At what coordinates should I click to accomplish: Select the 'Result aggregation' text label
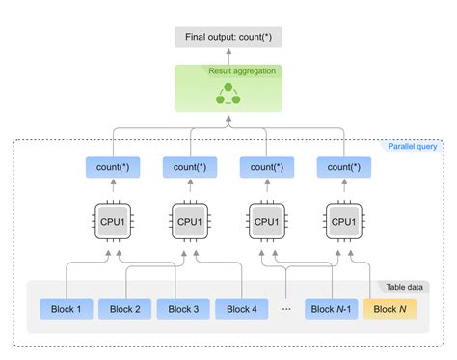click(243, 71)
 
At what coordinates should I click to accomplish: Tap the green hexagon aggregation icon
click(228, 93)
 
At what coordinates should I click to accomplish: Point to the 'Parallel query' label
click(413, 146)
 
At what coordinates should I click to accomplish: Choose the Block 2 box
click(125, 309)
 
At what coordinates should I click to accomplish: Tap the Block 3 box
click(184, 309)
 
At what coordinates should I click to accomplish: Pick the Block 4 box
click(241, 309)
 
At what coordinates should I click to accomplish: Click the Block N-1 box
click(331, 309)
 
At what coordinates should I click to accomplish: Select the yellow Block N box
click(390, 309)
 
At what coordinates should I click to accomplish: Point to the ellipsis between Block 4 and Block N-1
click(287, 309)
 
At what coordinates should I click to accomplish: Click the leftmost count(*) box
click(112, 168)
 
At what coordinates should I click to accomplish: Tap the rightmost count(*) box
click(344, 168)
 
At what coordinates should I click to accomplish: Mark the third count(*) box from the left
click(267, 168)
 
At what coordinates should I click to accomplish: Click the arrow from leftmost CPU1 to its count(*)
click(112, 188)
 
